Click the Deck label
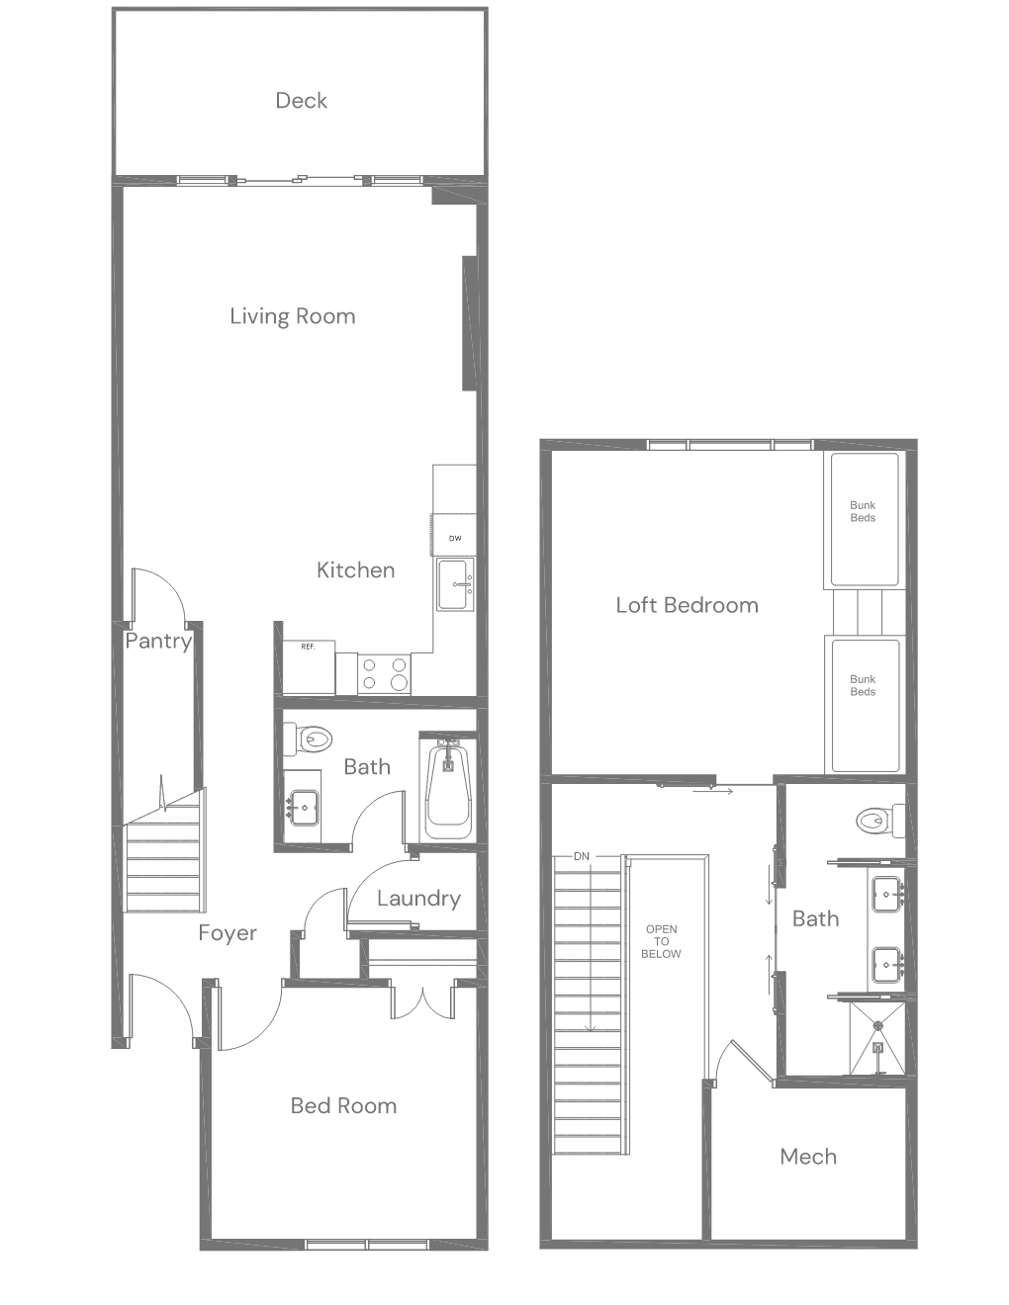point(301,101)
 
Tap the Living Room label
point(293,316)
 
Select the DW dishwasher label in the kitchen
point(455,538)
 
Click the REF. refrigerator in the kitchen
point(309,667)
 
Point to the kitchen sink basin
point(455,584)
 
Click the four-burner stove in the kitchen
point(385,674)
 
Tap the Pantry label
point(158,642)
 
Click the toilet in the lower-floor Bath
point(308,739)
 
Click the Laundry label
point(418,899)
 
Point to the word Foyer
point(228,932)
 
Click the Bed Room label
point(343,1105)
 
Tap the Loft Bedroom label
point(687,605)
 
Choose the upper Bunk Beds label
point(863,511)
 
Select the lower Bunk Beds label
point(863,685)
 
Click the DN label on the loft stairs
point(582,856)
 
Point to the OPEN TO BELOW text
point(661,941)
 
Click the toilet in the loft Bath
point(880,821)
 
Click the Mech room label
point(808,1156)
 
